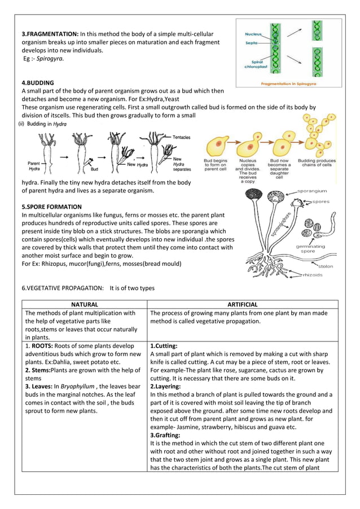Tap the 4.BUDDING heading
click(38, 82)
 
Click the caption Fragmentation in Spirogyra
click(288, 83)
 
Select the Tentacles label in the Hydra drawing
click(181, 137)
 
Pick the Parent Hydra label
click(34, 166)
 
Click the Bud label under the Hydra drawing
click(95, 169)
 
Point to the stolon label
click(326, 266)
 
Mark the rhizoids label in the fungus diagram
click(313, 275)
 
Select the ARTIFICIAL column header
click(242, 304)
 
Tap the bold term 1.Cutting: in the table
click(164, 345)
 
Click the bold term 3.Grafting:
click(165, 436)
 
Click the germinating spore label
click(312, 249)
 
